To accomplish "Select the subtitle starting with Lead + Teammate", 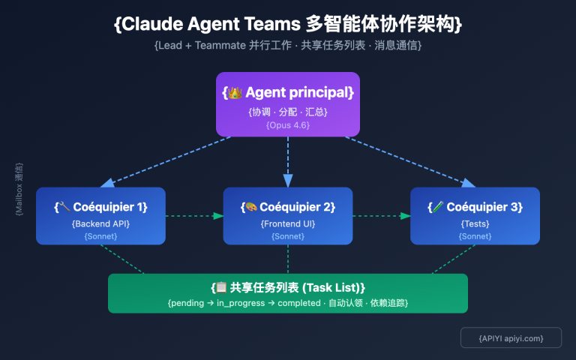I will pyautogui.click(x=288, y=46).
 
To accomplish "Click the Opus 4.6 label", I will pyautogui.click(x=288, y=125).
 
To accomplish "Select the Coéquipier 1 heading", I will pyautogui.click(x=100, y=207).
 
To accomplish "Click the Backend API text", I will pyautogui.click(x=100, y=223).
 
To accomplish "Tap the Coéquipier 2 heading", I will pyautogui.click(x=288, y=207).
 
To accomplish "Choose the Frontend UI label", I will pyautogui.click(x=288, y=223).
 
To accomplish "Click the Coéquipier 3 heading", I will pyautogui.click(x=475, y=207).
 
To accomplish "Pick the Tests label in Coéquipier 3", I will pyautogui.click(x=475, y=223).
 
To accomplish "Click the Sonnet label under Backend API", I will pyautogui.click(x=100, y=236).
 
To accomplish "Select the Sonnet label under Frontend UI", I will pyautogui.click(x=288, y=236).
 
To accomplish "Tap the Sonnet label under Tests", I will pyautogui.click(x=475, y=236).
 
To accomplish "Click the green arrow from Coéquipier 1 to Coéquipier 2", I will pyautogui.click(x=193, y=216).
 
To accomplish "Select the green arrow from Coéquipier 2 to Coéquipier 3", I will pyautogui.click(x=381, y=216).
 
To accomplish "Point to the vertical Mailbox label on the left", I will pyautogui.click(x=19, y=189).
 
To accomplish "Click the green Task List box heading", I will pyautogui.click(x=288, y=287).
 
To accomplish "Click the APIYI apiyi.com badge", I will pyautogui.click(x=511, y=338).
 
